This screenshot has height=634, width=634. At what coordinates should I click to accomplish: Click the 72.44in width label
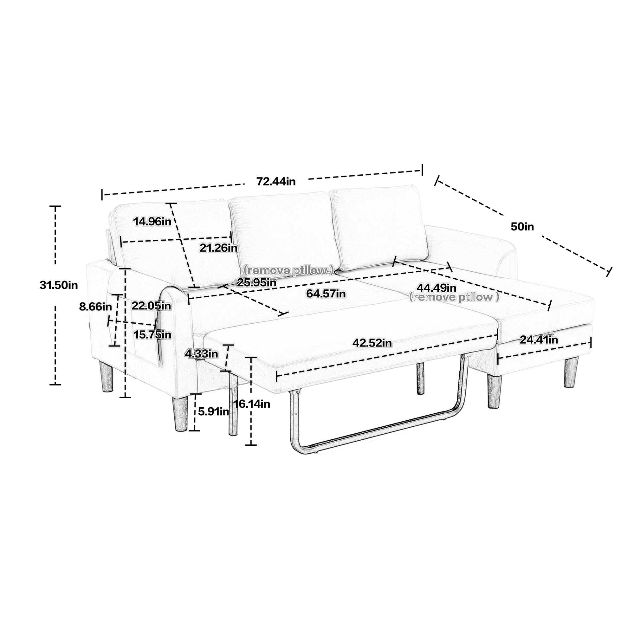pyautogui.click(x=276, y=181)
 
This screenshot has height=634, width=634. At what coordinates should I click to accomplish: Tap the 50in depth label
pyautogui.click(x=522, y=226)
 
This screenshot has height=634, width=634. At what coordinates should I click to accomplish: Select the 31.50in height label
pyautogui.click(x=59, y=285)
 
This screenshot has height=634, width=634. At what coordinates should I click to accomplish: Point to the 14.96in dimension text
pyautogui.click(x=152, y=222)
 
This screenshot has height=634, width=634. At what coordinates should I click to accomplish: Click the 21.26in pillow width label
pyautogui.click(x=218, y=248)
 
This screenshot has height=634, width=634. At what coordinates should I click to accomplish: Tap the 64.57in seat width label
pyautogui.click(x=326, y=293)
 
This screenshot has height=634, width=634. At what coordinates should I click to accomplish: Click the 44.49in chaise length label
pyautogui.click(x=437, y=288)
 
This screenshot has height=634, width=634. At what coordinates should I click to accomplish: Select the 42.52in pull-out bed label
pyautogui.click(x=372, y=343)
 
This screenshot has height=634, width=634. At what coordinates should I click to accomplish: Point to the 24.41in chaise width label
pyautogui.click(x=539, y=340)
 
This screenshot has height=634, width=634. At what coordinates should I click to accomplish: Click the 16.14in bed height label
pyautogui.click(x=252, y=404)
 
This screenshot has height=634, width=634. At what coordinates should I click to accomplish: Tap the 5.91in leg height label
pyautogui.click(x=214, y=411)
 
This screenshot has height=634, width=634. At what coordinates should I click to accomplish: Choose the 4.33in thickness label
pyautogui.click(x=202, y=353)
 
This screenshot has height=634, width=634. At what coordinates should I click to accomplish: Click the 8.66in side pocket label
pyautogui.click(x=95, y=307)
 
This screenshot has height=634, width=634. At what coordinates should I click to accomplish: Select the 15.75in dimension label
pyautogui.click(x=152, y=335)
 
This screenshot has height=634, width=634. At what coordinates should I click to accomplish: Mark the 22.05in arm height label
pyautogui.click(x=151, y=306)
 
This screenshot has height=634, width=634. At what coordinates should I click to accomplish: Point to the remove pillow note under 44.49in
pyautogui.click(x=455, y=297)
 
